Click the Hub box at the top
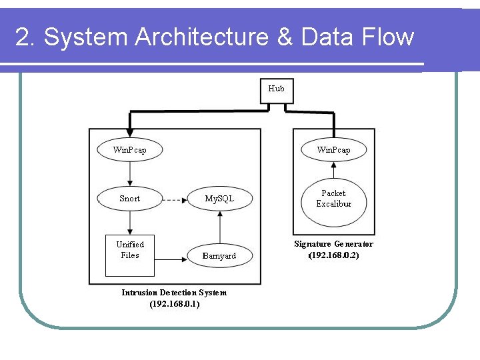coord(276,89)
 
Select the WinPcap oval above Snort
coord(129,150)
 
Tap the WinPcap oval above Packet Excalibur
coord(333,150)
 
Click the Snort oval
coord(129,199)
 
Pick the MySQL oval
coord(219,199)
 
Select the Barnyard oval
coord(219,256)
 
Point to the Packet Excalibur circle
coord(333,199)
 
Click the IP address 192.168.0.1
coord(174,304)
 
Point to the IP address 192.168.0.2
coord(333,255)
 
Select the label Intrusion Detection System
coord(174,293)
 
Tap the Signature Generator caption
coord(333,244)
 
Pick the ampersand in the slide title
coord(285,37)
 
